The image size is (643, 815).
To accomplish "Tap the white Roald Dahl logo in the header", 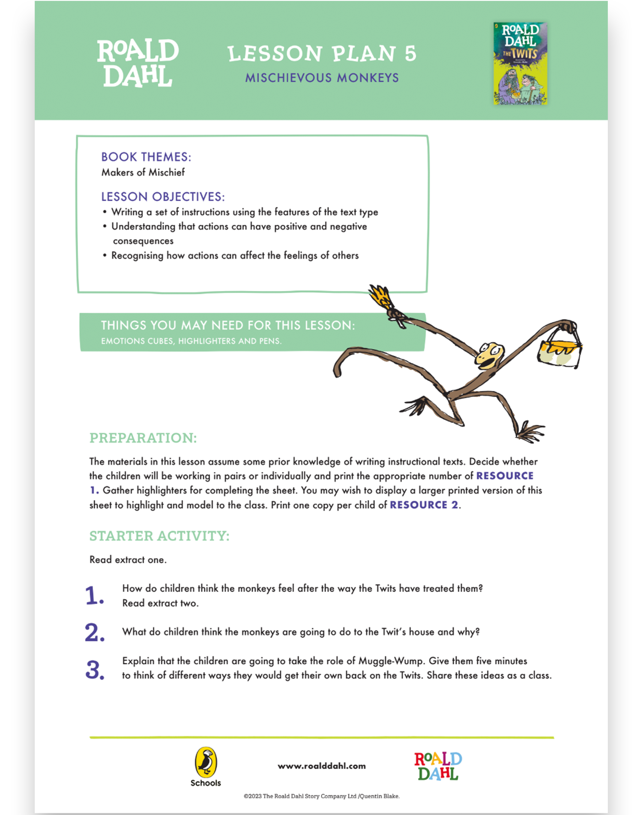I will point(138,63).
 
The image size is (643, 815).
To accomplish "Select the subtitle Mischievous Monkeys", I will point(322,78).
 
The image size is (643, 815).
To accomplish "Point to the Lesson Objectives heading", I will point(163,197).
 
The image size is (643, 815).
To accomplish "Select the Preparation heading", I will point(143,438).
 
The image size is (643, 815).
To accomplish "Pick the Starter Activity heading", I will point(159,536).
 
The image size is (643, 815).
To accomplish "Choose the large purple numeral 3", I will point(95,670).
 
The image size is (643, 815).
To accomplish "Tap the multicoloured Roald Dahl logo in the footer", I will point(438,766).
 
